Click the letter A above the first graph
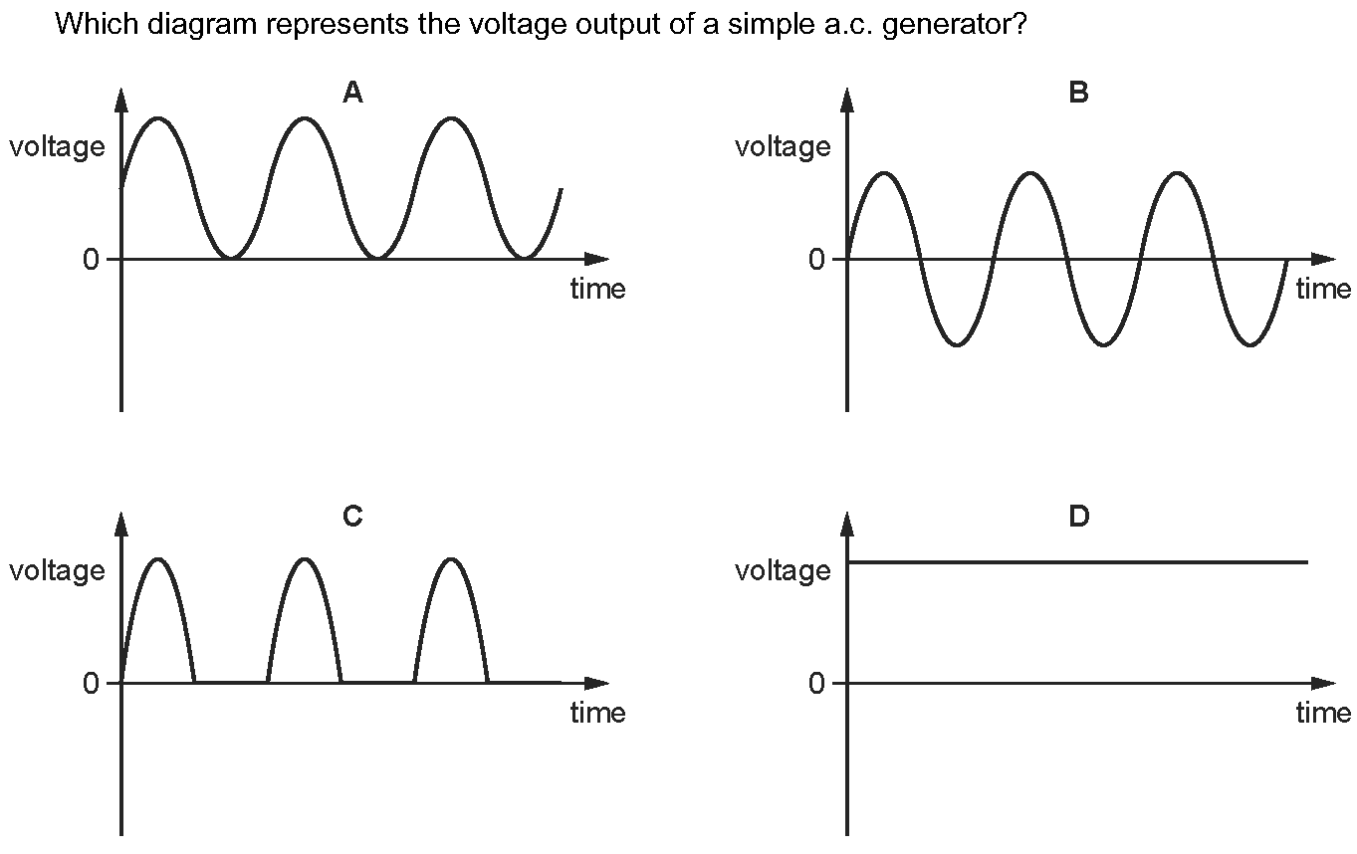point(352,93)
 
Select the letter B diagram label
point(1078,93)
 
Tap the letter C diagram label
point(352,516)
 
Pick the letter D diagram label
point(1078,517)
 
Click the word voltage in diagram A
point(57,147)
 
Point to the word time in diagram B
point(1323,289)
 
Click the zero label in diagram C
point(92,683)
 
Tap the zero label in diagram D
point(817,683)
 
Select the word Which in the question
point(94,24)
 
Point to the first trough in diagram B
point(957,344)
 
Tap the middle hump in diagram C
point(305,559)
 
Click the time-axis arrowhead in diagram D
point(1324,683)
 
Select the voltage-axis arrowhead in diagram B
point(847,100)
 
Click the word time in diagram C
point(597,713)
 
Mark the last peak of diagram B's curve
point(1178,173)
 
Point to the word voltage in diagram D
point(783,571)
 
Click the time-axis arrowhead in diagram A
point(597,259)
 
